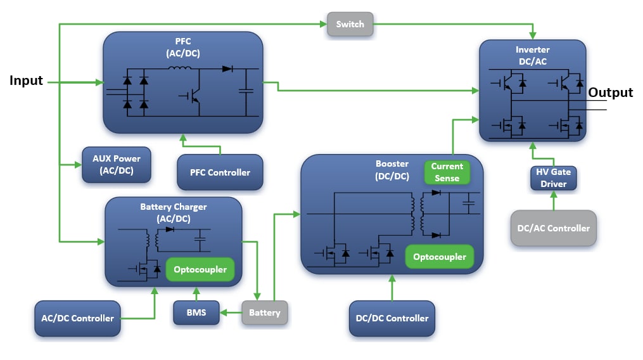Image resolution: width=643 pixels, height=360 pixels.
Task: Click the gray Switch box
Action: click(x=350, y=24)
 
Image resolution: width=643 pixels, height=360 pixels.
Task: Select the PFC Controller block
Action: click(x=220, y=172)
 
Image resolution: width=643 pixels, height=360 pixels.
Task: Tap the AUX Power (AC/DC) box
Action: click(x=117, y=165)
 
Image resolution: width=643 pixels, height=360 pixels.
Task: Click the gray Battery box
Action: click(x=264, y=312)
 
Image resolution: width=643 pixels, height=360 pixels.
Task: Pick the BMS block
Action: click(x=196, y=312)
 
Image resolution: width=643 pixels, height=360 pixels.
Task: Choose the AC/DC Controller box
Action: click(x=77, y=318)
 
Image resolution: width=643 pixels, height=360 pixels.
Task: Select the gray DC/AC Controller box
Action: click(x=553, y=228)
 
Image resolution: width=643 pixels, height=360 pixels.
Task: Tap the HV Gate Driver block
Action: click(x=553, y=178)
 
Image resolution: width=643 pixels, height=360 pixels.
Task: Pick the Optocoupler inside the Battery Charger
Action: click(x=200, y=269)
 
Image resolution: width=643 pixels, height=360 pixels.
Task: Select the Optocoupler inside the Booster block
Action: click(x=439, y=257)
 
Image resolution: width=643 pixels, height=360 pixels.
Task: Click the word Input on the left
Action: click(x=26, y=81)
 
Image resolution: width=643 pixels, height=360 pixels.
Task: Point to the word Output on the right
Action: click(x=610, y=93)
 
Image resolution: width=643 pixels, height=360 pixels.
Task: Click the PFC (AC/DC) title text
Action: click(x=183, y=48)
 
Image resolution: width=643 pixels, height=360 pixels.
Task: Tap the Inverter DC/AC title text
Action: click(x=533, y=55)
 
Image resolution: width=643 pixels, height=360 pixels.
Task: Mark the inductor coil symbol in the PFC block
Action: click(x=183, y=70)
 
